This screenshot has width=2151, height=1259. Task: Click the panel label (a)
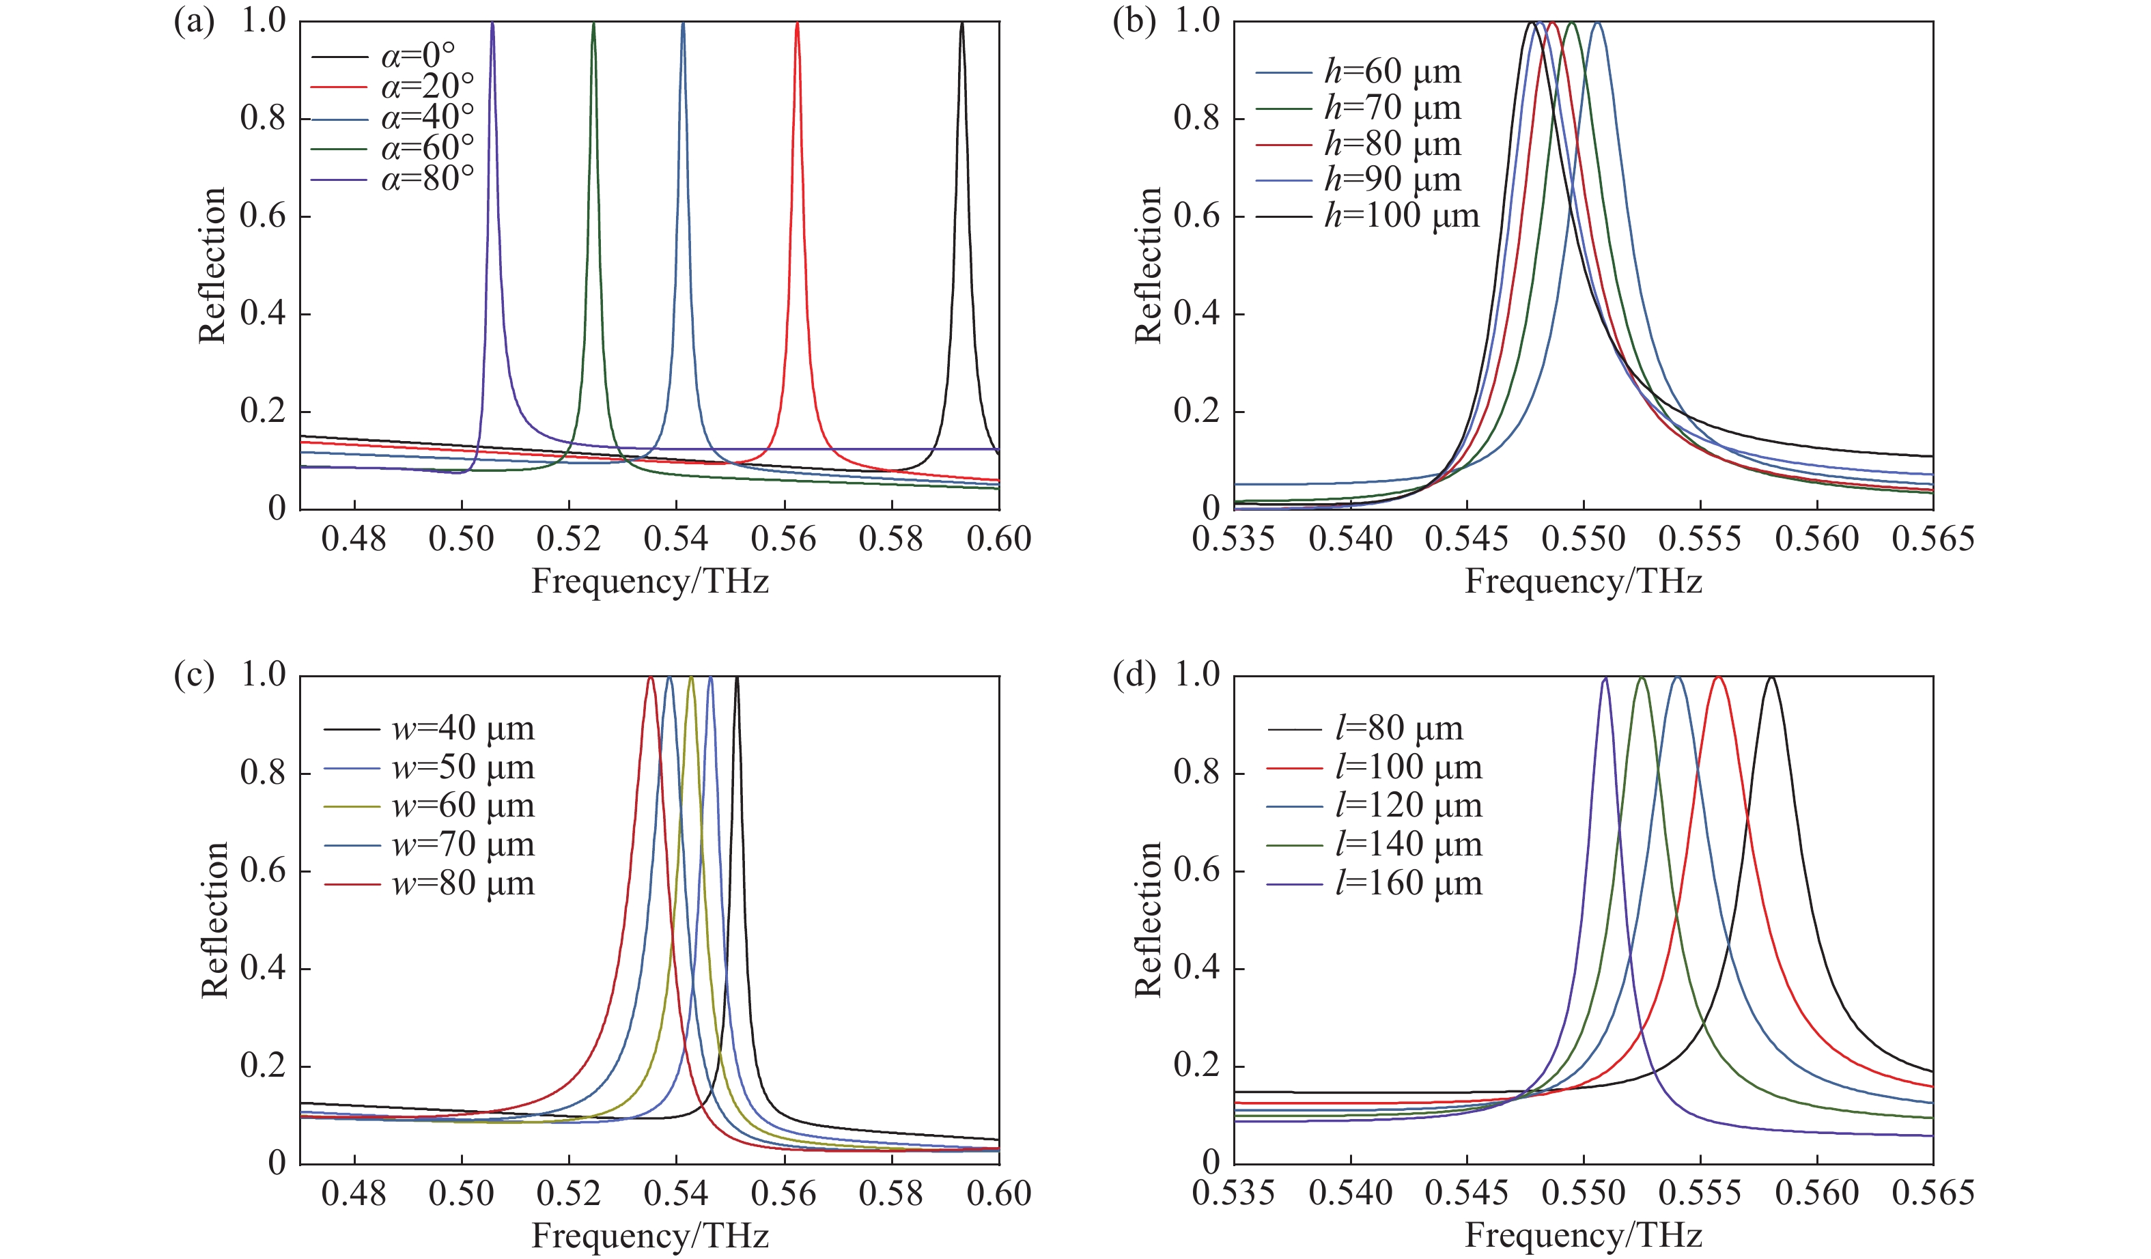(194, 21)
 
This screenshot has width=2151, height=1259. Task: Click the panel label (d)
(1134, 675)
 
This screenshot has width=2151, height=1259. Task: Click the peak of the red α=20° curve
(798, 24)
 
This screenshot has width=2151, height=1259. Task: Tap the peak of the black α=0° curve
(962, 24)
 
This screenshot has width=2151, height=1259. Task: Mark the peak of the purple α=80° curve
(492, 24)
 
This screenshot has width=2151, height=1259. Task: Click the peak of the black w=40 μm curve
(737, 678)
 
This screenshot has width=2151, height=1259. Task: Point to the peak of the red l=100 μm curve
(1718, 678)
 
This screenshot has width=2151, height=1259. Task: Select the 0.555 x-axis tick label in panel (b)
(1700, 539)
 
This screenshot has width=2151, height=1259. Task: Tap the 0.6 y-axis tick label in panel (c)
(263, 870)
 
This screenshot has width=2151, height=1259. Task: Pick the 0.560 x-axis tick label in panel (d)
(1816, 1192)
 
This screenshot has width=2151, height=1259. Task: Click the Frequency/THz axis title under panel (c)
(650, 1235)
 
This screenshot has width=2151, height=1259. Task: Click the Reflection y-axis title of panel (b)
(1149, 266)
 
